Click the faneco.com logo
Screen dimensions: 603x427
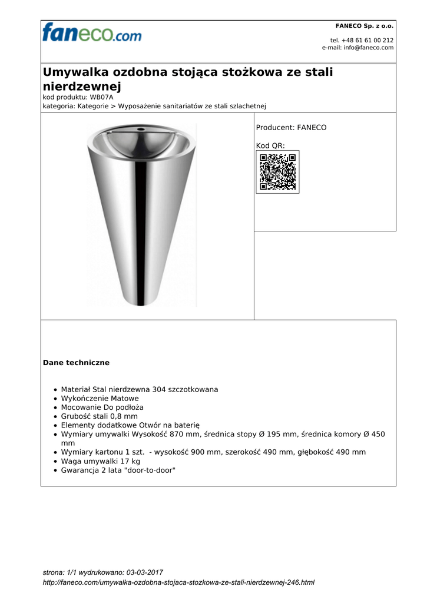[x=91, y=32]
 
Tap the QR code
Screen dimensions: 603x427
[x=277, y=172]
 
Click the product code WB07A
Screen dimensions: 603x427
[x=101, y=97]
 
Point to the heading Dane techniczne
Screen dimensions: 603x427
[x=76, y=363]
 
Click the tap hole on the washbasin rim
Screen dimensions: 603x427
[x=141, y=128]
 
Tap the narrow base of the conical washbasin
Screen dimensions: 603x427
[x=141, y=297]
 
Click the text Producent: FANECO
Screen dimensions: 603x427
[x=291, y=127]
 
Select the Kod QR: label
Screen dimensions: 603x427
[x=270, y=145]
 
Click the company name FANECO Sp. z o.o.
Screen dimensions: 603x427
[x=364, y=26]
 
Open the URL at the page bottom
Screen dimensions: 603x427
[x=179, y=582]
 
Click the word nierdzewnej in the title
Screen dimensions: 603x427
[x=82, y=87]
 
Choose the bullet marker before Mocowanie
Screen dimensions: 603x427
[x=55, y=407]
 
